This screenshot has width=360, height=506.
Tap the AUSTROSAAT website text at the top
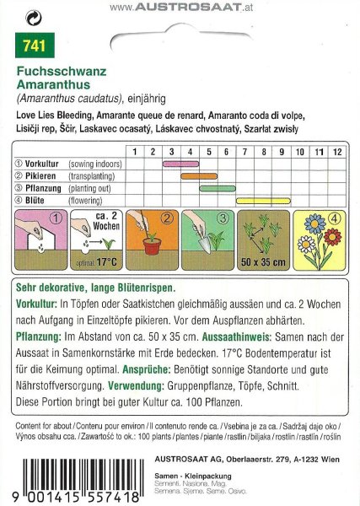coord(181,7)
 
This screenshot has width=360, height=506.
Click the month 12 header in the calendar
coord(336,151)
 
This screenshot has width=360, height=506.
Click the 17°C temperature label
coord(105,263)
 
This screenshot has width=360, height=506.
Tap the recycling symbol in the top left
coord(31,14)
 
